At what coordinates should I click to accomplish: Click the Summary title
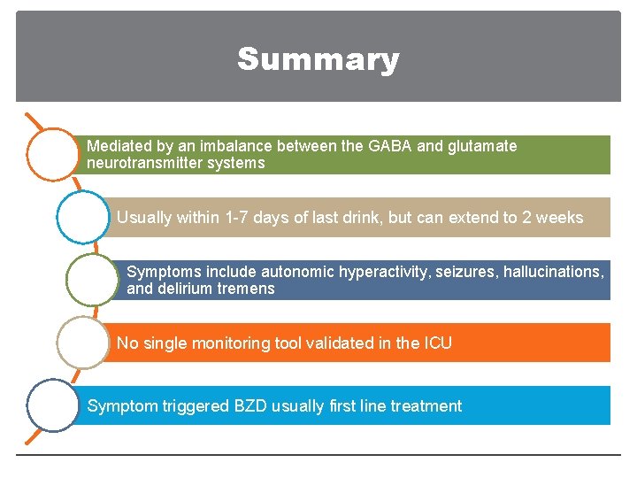(x=318, y=59)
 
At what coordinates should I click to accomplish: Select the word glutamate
(x=482, y=146)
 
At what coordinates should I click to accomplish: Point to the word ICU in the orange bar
(x=437, y=343)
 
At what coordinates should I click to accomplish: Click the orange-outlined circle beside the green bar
(x=53, y=155)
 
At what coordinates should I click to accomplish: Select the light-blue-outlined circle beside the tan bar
(x=82, y=217)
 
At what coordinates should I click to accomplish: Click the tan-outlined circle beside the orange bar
(x=82, y=343)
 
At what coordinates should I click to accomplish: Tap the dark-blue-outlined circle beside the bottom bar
(x=53, y=405)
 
